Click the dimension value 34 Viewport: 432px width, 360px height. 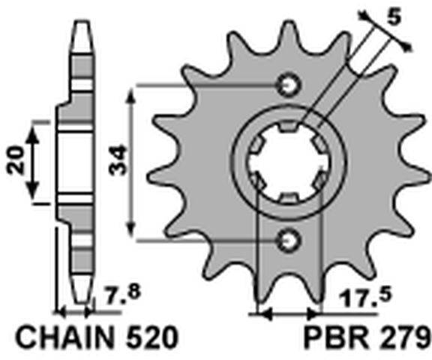point(118,160)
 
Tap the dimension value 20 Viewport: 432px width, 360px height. point(16,160)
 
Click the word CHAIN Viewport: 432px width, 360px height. point(65,337)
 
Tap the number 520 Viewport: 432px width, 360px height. point(151,337)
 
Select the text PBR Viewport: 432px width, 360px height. point(336,337)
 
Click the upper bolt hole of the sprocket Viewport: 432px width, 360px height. point(289,85)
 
